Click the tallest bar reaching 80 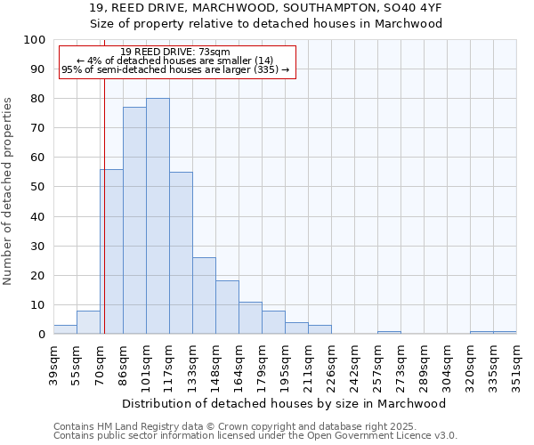click(x=158, y=216)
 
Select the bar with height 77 click(x=134, y=221)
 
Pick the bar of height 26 click(x=204, y=295)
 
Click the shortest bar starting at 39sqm click(x=65, y=329)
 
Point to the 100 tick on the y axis click(x=35, y=40)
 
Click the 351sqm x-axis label click(x=516, y=365)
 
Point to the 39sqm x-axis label click(x=54, y=365)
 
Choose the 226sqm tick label click(x=332, y=365)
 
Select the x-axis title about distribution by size click(x=284, y=403)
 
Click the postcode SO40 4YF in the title click(x=414, y=7)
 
